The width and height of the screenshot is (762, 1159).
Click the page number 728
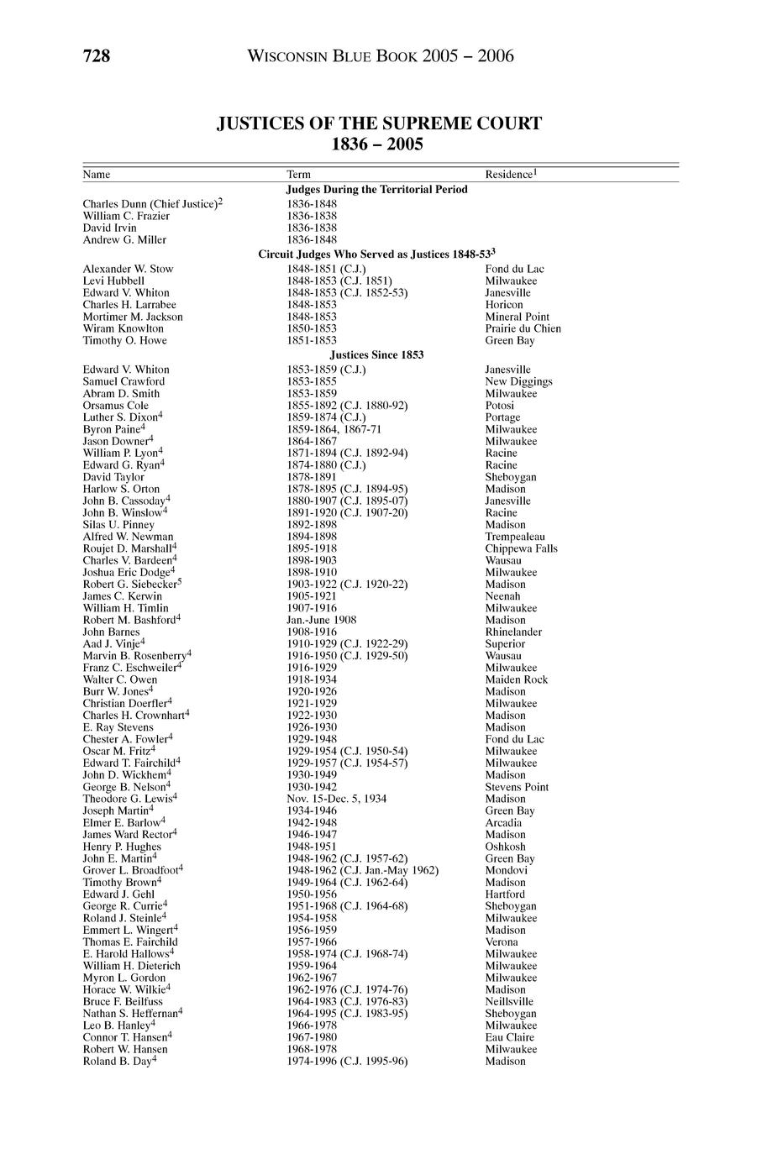97,56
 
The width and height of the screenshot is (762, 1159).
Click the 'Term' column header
298,175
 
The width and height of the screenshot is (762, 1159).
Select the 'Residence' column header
510,175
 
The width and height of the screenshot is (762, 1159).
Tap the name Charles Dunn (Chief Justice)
152,204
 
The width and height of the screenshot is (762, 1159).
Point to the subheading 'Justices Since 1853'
376,355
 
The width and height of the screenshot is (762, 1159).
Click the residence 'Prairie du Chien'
523,328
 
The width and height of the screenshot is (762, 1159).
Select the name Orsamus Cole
115,406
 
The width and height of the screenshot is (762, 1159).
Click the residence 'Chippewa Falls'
521,548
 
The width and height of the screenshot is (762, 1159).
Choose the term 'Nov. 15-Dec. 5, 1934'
337,799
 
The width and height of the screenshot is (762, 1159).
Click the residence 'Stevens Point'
517,787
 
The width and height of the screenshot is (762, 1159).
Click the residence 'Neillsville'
509,1001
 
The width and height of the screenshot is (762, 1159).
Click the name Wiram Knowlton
123,328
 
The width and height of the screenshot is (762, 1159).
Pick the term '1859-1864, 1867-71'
328,429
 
